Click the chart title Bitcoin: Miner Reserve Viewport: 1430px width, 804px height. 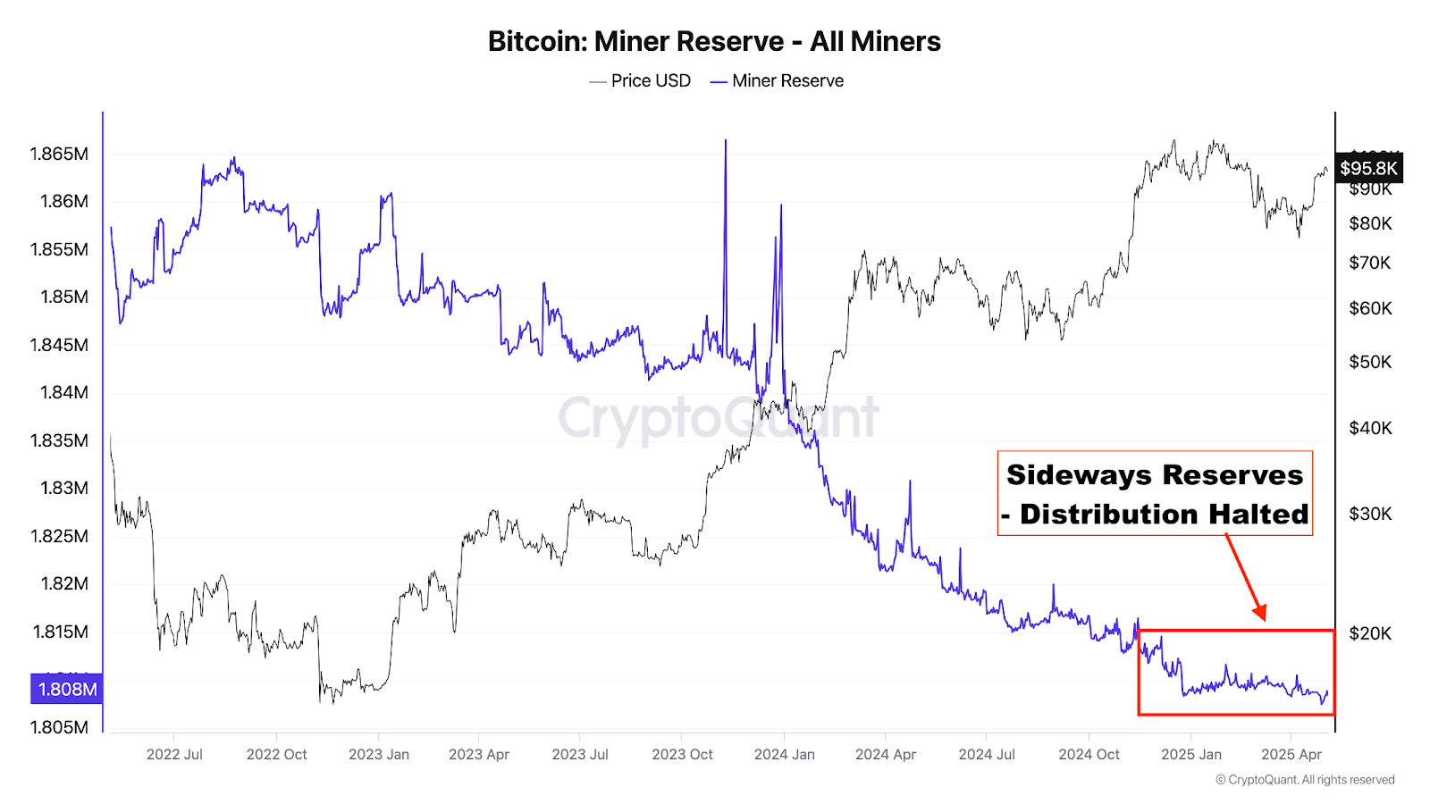[714, 41]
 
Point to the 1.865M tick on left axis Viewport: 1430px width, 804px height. [59, 154]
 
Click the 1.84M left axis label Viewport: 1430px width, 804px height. [63, 392]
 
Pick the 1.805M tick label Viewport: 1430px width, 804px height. [59, 727]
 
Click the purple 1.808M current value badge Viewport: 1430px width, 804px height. [67, 689]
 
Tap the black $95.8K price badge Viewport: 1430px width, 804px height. [1368, 168]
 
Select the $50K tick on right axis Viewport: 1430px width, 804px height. [1370, 362]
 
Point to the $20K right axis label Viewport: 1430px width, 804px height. [1370, 633]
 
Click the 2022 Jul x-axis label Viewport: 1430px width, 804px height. [174, 754]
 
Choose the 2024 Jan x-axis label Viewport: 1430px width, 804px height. [784, 754]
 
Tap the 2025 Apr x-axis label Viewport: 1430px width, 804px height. [1291, 754]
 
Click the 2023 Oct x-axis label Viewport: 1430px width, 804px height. [682, 754]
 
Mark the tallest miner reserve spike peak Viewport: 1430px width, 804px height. [726, 141]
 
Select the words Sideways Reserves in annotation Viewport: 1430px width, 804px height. [1155, 474]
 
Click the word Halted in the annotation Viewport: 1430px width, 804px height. [1258, 514]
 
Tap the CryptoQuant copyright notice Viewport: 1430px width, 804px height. [1305, 780]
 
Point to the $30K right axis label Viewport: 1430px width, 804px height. [1370, 514]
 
